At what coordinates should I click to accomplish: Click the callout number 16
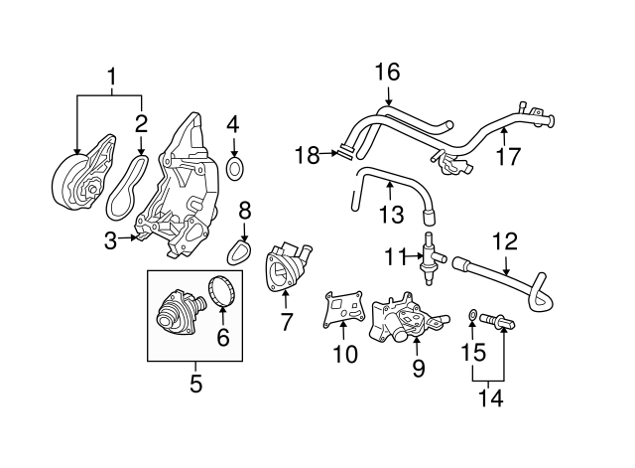pos(387,72)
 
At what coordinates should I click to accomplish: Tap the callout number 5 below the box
pos(196,384)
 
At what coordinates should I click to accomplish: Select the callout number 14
pos(491,397)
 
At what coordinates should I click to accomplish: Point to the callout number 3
pos(110,240)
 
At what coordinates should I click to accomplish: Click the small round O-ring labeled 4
pos(235,169)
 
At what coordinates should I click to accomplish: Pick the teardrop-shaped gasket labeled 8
pos(239,252)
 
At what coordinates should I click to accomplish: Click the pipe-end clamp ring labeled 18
pos(346,150)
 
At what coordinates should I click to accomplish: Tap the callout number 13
pos(391,215)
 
